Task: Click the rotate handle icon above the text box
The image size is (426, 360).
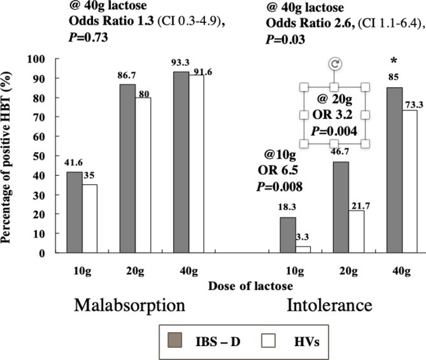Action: click(x=335, y=64)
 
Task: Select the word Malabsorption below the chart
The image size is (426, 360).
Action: click(x=130, y=305)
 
